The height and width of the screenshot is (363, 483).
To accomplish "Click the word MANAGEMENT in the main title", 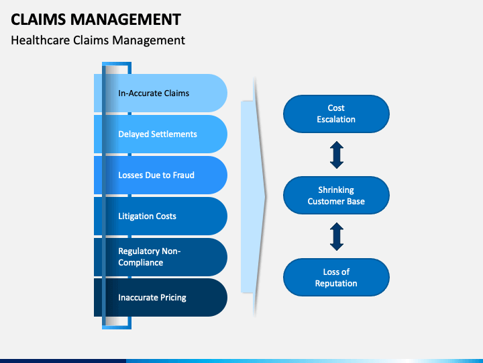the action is click(125, 19).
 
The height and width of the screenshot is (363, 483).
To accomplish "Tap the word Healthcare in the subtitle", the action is click(40, 40).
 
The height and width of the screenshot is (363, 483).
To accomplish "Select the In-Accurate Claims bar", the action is click(160, 93).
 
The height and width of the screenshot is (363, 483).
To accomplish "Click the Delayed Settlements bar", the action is click(160, 134).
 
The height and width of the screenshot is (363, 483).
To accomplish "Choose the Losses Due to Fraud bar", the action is click(160, 175).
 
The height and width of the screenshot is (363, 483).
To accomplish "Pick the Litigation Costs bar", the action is click(160, 216).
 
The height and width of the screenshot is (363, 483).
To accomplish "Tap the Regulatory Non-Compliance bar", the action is click(160, 257).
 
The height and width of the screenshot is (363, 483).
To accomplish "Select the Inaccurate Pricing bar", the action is click(160, 297).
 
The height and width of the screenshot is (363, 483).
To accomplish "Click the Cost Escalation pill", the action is click(336, 114).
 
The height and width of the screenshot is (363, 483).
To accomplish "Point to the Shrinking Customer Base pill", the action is click(336, 196).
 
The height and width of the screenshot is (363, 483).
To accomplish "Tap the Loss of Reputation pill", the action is click(336, 277).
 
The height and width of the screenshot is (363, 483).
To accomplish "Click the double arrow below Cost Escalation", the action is click(337, 155).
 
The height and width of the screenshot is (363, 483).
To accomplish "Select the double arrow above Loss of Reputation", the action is click(337, 237).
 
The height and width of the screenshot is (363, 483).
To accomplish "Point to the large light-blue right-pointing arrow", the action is click(253, 196).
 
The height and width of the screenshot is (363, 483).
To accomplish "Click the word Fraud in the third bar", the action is click(184, 175).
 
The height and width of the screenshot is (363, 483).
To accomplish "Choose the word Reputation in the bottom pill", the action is click(336, 284).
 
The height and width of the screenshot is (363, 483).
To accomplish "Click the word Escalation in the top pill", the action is click(336, 120).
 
